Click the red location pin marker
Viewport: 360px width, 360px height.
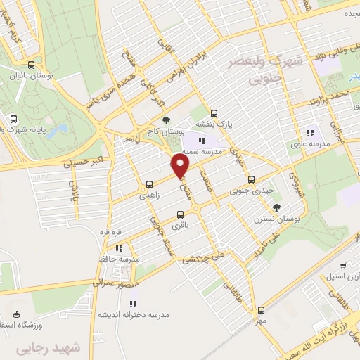coord(181,166)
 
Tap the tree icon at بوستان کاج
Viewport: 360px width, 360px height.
coord(166,120)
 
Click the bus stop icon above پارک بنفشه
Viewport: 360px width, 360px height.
coord(214,112)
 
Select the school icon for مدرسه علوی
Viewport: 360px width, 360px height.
coord(309,134)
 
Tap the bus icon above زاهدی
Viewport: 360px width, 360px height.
coord(148,185)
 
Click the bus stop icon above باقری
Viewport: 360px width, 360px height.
coord(180,214)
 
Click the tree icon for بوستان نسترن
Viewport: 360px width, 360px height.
coord(276,207)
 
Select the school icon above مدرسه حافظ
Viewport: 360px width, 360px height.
coord(119,248)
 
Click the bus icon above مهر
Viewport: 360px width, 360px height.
coord(261,309)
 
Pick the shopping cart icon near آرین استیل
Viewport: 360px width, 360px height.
coord(342,266)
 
